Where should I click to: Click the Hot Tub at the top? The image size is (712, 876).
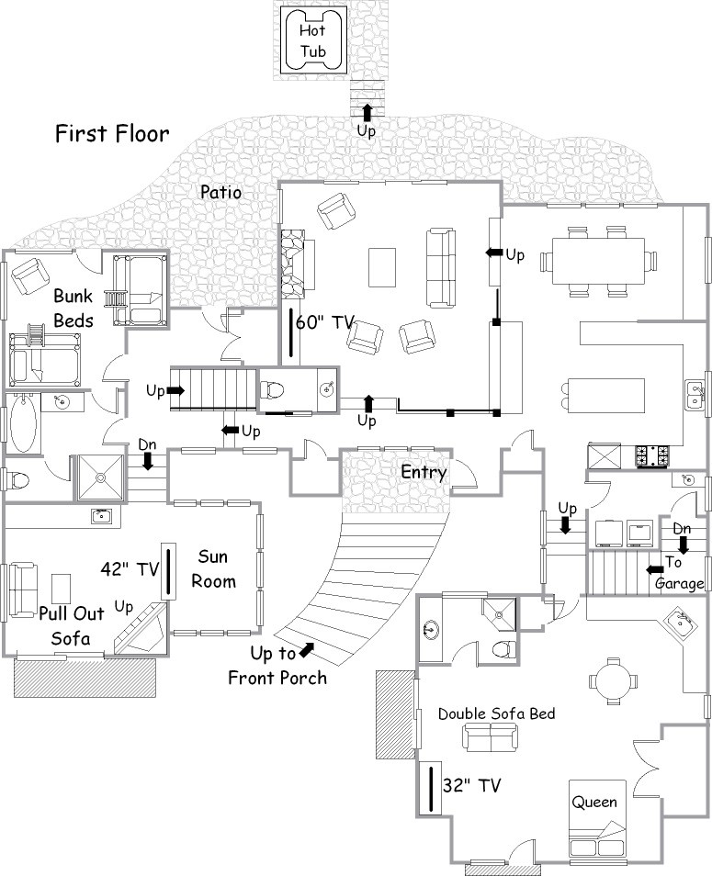(x=313, y=40)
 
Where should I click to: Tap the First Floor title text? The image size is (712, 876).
(x=112, y=134)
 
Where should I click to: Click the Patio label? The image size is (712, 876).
(x=221, y=192)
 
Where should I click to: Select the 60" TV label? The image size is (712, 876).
(x=325, y=322)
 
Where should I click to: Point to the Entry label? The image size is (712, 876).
(x=424, y=473)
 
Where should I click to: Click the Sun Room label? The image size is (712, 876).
(x=213, y=568)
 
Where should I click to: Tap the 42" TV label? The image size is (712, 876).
(x=130, y=568)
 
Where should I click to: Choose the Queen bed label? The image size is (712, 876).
(x=594, y=803)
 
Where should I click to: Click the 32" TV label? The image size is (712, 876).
(x=471, y=785)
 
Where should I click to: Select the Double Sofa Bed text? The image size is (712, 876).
(x=496, y=714)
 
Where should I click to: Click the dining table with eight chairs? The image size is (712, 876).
(x=598, y=261)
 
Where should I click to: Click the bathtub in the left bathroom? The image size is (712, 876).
(x=23, y=422)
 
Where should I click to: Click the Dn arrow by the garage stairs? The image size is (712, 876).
(x=683, y=545)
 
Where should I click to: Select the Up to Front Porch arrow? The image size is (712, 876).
(x=307, y=649)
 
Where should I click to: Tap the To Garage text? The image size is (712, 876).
(x=678, y=573)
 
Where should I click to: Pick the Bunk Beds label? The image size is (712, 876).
(x=73, y=309)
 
